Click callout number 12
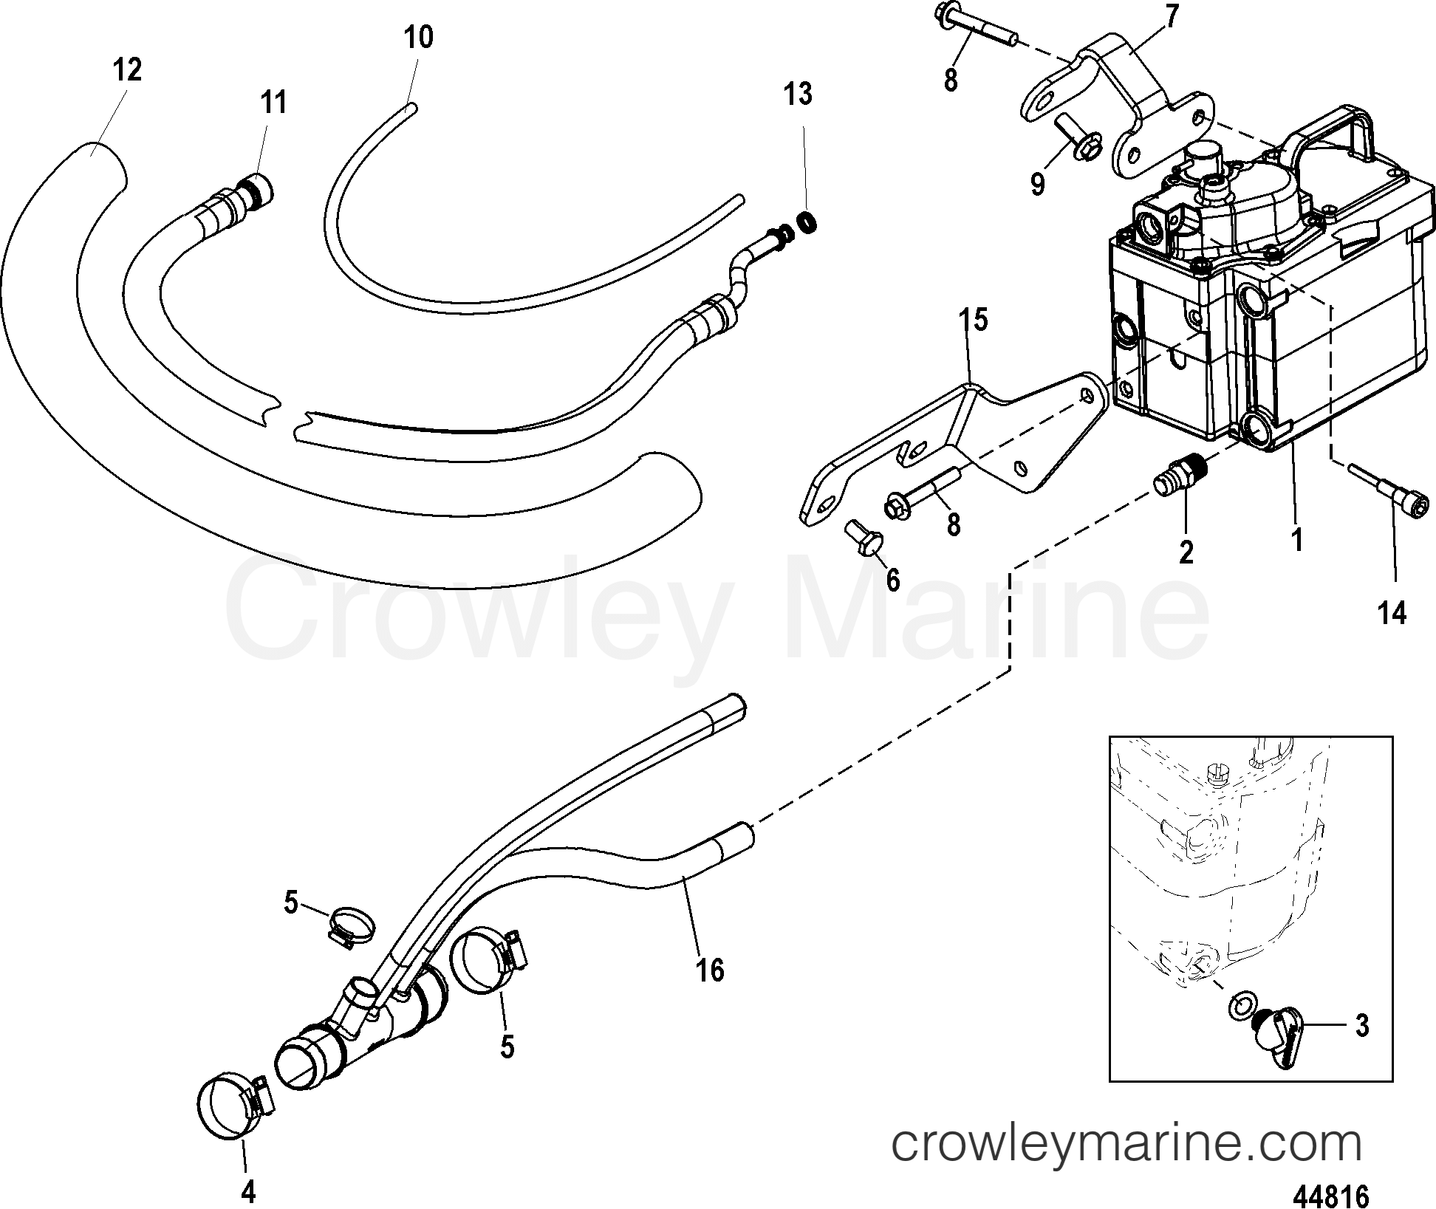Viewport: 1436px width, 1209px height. click(126, 70)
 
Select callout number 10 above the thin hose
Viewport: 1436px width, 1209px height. click(419, 36)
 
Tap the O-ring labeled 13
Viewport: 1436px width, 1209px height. click(809, 220)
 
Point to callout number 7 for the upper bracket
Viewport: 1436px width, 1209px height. click(1172, 16)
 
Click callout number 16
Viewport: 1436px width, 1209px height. click(710, 970)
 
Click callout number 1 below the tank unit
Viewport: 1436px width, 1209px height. click(1296, 540)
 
